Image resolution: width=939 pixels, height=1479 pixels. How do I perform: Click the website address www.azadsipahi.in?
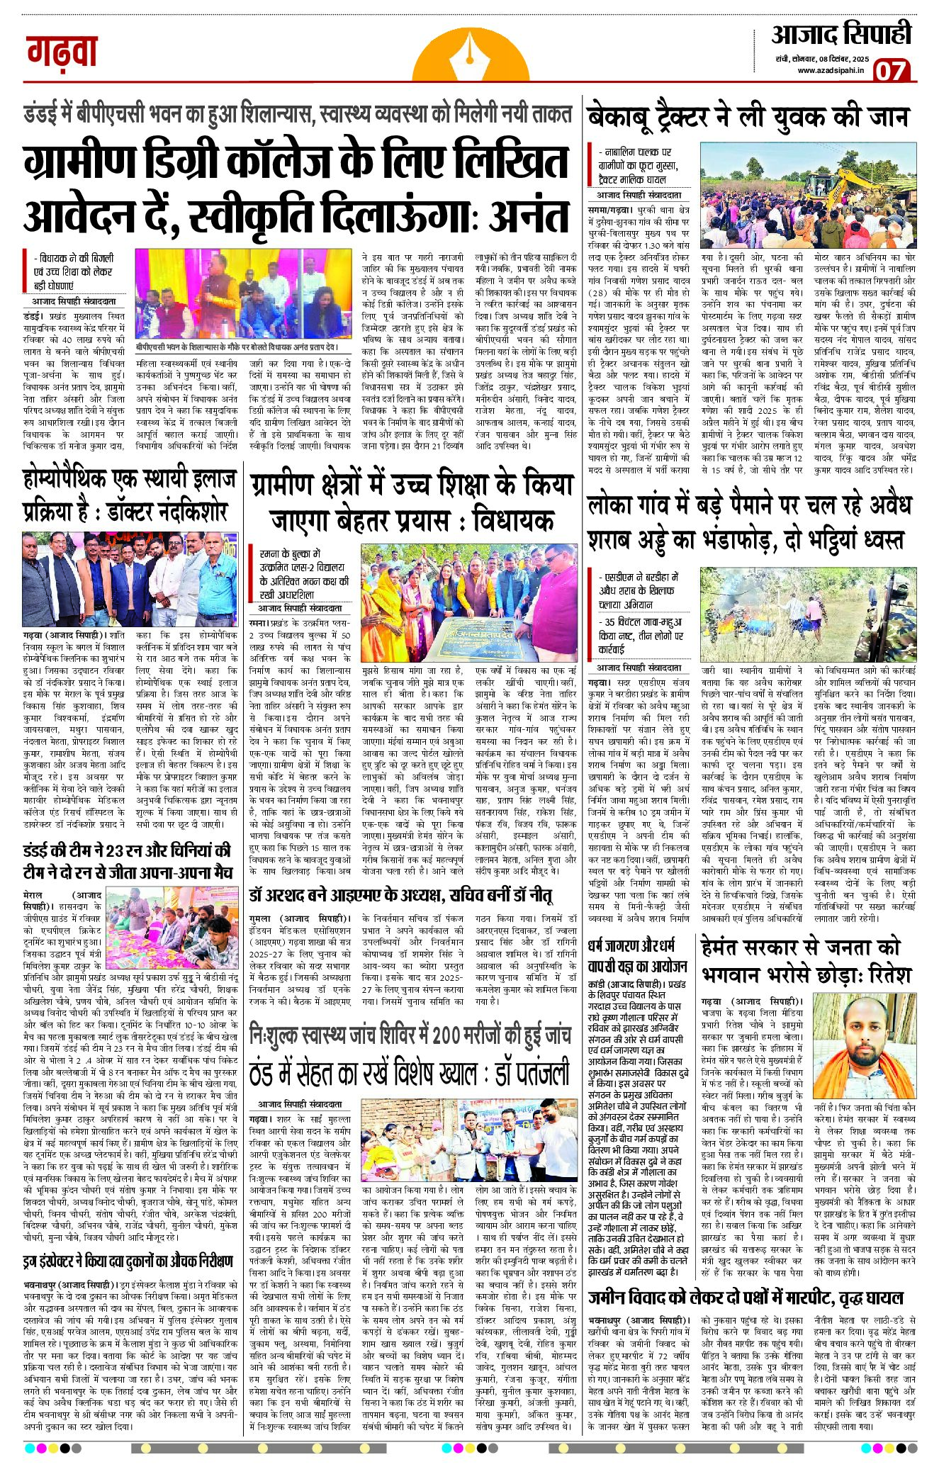tap(831, 70)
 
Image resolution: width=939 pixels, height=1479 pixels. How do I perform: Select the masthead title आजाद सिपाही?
tap(841, 35)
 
